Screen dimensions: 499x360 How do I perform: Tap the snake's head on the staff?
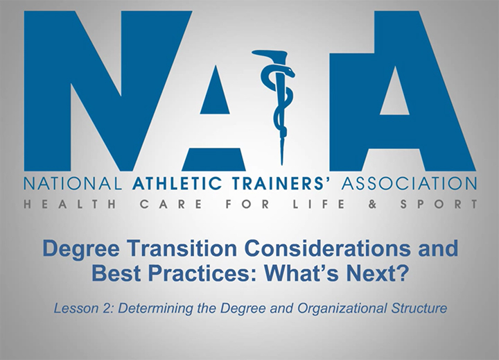pyautogui.click(x=288, y=71)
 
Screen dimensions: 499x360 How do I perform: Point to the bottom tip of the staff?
pyautogui.click(x=282, y=164)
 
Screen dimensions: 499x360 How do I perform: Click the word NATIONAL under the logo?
pyautogui.click(x=73, y=184)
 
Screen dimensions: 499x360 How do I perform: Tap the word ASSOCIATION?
pyautogui.click(x=408, y=184)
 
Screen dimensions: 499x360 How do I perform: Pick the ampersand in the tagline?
pyautogui.click(x=372, y=204)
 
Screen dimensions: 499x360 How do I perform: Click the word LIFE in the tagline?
pyautogui.click(x=319, y=204)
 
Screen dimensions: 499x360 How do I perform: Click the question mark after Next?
pyautogui.click(x=401, y=273)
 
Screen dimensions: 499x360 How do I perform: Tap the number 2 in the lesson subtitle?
pyautogui.click(x=108, y=309)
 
